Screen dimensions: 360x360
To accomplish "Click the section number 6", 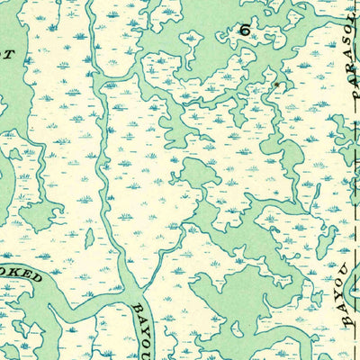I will click(x=244, y=30).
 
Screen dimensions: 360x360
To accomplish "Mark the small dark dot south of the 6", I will click(x=278, y=87).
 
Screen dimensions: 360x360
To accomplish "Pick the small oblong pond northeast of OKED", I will click(x=89, y=238).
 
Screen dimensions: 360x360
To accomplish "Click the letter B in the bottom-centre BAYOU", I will click(x=136, y=310).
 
